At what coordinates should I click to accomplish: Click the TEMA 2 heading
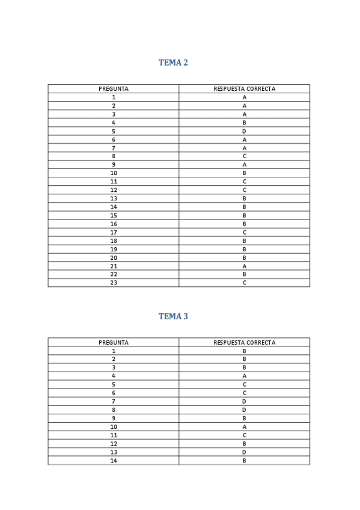point(173,63)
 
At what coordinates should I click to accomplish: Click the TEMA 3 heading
point(173,316)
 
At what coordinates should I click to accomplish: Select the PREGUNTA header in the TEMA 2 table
point(114,89)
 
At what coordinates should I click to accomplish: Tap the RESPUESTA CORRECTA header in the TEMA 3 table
point(245,343)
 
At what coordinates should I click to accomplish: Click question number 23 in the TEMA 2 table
point(114,283)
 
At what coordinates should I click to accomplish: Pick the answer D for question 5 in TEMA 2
point(245,131)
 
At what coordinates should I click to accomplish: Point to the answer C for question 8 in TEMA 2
point(245,156)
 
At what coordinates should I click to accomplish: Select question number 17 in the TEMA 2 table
point(114,232)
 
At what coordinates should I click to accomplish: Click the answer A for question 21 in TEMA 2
point(245,266)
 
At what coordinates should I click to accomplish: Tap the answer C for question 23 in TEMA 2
point(245,283)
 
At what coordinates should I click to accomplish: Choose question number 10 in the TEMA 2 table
point(114,173)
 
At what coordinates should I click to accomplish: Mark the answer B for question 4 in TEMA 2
point(245,123)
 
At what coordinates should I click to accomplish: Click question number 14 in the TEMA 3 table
point(114,461)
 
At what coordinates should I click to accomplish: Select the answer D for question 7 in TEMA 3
point(245,402)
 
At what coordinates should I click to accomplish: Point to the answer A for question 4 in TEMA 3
point(245,376)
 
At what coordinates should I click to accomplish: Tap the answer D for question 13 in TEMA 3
point(245,452)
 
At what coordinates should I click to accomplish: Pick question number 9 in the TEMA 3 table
point(114,419)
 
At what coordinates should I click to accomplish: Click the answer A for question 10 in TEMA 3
point(245,427)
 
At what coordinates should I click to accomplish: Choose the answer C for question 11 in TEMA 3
point(245,435)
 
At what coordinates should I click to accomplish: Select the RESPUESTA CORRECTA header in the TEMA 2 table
point(245,89)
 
